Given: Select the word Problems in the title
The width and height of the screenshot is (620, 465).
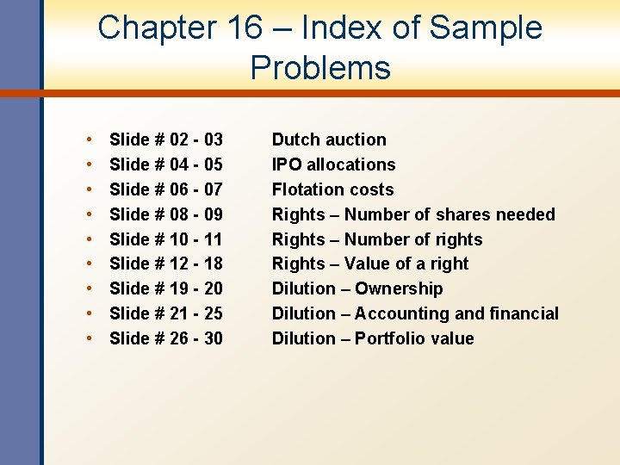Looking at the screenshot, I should click(x=320, y=68).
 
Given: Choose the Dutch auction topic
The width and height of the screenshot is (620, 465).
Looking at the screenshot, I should click(x=329, y=139).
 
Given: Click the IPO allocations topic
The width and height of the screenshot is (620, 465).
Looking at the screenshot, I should click(x=333, y=164).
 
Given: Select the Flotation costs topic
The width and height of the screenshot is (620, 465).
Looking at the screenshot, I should click(x=332, y=189).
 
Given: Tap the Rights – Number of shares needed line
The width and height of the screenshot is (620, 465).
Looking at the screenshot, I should click(x=413, y=214).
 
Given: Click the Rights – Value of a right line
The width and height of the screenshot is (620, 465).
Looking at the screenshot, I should click(x=370, y=263).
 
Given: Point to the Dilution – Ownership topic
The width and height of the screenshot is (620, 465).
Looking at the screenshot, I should click(x=357, y=288).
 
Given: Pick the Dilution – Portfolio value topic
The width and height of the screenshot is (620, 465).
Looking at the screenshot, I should click(x=373, y=338).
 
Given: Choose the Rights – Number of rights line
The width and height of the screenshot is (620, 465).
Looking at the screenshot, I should click(x=377, y=239).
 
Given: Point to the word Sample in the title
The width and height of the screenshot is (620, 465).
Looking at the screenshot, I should click(x=486, y=28).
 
